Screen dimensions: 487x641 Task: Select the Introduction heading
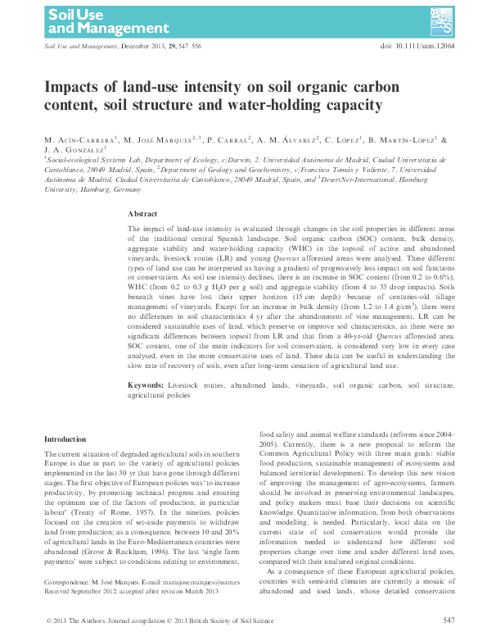(x=64, y=439)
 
